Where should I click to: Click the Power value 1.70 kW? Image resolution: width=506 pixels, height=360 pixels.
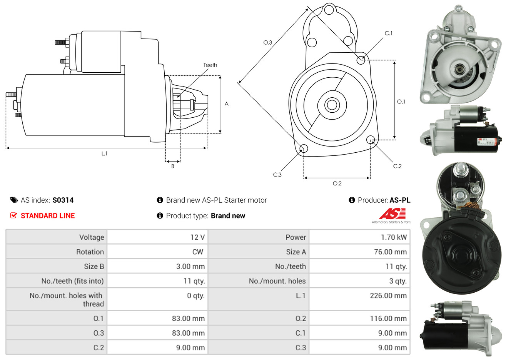click(394, 237)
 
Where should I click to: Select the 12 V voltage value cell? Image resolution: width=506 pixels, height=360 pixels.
click(197, 237)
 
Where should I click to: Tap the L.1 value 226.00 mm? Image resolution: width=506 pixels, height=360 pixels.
click(388, 296)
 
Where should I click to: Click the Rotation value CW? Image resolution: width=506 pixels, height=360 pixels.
click(197, 252)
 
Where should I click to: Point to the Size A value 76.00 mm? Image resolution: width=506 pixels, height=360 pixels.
click(390, 252)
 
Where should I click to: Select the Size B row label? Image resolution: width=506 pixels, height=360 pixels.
click(94, 267)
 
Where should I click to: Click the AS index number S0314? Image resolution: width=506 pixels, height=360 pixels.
click(63, 200)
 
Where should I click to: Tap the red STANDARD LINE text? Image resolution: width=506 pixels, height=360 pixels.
click(48, 216)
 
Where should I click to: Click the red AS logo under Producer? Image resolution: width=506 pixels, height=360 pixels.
click(392, 214)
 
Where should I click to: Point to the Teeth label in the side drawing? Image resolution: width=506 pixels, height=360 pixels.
click(210, 65)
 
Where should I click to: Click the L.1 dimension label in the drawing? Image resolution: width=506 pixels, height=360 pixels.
click(105, 153)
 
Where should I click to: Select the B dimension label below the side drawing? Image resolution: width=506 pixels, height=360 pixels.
click(173, 166)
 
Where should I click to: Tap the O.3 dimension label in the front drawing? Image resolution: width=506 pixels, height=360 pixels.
click(268, 42)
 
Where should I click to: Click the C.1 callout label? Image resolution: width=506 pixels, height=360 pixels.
click(389, 33)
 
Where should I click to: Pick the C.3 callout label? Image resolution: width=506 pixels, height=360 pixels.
click(277, 175)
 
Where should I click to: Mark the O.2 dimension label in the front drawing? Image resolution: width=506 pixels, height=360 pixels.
click(337, 183)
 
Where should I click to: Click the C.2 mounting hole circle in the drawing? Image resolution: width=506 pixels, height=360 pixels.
click(371, 139)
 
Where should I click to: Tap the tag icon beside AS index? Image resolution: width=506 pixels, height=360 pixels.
click(14, 200)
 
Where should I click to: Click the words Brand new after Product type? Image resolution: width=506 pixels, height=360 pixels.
click(228, 216)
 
